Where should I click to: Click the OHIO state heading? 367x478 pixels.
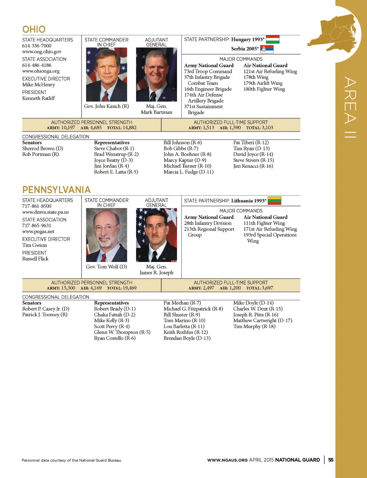point(34,29)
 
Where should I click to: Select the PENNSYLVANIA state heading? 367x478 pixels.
point(56,190)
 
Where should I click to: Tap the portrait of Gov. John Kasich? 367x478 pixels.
point(106,75)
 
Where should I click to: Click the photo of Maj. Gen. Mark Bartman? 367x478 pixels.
point(156,75)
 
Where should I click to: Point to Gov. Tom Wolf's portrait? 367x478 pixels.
point(106,235)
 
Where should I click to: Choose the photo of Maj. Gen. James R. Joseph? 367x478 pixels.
point(156,235)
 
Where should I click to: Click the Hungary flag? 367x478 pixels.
point(272,39)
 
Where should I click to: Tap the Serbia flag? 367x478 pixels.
point(267,49)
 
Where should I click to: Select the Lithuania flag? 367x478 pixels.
point(275,201)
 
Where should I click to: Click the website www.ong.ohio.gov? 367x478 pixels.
point(42,52)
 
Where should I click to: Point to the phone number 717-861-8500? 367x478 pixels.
point(37,206)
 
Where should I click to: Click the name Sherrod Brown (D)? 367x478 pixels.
point(43,148)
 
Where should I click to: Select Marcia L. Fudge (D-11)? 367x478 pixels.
point(189,172)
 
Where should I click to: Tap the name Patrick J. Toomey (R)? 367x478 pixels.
point(45,315)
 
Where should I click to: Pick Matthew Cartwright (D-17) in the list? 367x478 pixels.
point(262,320)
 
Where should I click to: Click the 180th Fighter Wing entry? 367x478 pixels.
point(264,89)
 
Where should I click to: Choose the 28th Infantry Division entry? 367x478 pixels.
point(208,223)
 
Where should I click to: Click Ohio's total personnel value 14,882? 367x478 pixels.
point(129,128)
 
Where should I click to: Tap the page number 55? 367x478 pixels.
point(331,460)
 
